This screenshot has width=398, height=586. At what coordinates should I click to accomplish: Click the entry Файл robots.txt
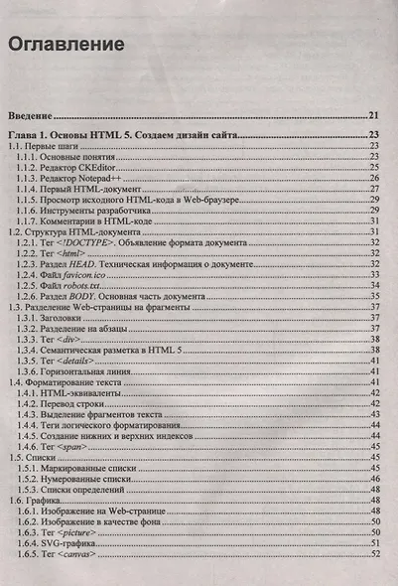tap(84, 284)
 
